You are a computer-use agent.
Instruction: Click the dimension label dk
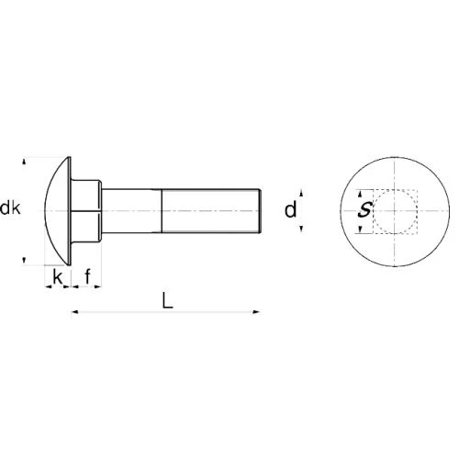(11, 208)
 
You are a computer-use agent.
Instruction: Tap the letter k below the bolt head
(58, 277)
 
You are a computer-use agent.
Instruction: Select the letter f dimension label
(88, 276)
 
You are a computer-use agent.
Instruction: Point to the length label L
(167, 300)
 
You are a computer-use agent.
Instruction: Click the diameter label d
(291, 210)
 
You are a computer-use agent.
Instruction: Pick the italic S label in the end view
(365, 210)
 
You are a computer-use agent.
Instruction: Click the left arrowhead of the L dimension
(75, 312)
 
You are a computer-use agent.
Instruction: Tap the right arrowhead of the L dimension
(256, 312)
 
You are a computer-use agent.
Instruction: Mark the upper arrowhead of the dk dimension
(24, 161)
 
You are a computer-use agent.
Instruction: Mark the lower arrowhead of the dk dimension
(24, 261)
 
